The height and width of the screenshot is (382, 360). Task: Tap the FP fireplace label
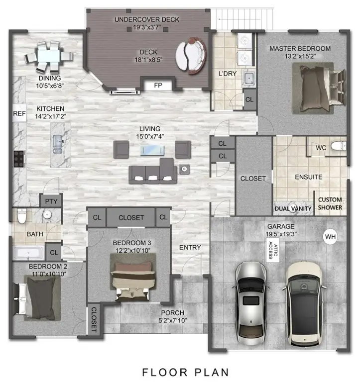tap(158, 86)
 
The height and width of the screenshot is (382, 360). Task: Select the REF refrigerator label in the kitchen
tap(19, 114)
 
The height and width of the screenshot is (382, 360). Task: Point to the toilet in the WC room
tap(339, 147)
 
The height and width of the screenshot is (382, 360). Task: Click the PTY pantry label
tap(51, 201)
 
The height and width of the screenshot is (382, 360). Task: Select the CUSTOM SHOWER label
tap(330, 203)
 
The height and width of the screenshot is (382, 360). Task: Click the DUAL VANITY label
tap(293, 208)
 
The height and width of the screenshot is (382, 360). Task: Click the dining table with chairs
tap(48, 56)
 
